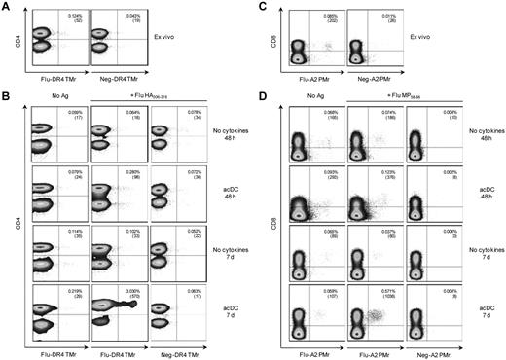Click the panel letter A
(6, 8)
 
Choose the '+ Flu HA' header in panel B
(146, 100)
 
